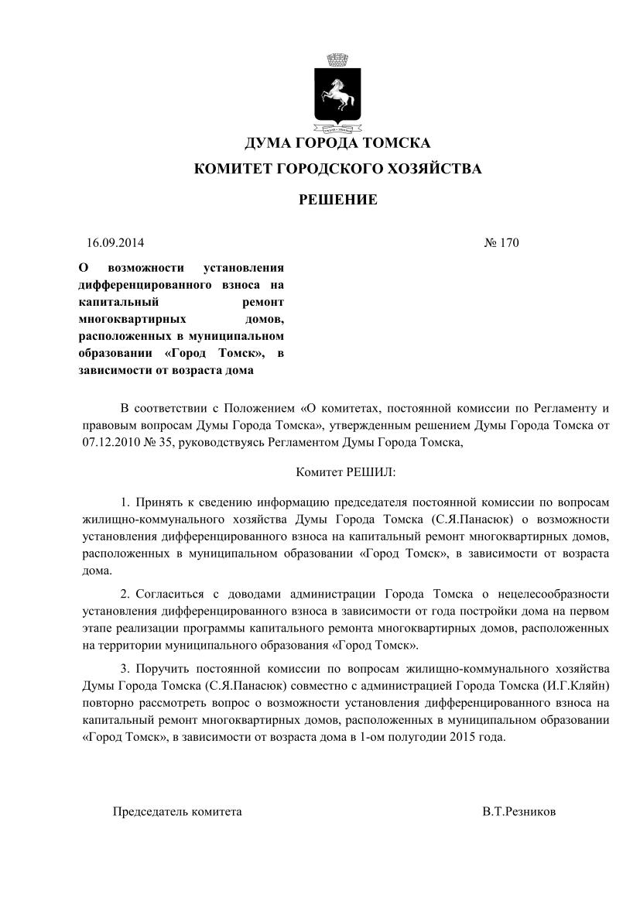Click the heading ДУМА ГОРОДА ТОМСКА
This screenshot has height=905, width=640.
pos(337,143)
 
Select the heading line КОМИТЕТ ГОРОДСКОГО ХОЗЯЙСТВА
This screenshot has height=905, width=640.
pos(337,169)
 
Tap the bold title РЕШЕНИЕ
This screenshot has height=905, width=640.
pos(338,200)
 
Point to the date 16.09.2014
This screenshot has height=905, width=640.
pos(115,242)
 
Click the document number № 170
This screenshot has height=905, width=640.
pos(501,242)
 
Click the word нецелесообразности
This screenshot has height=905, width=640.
pos(559,594)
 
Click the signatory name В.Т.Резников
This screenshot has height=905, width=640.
pos(519,812)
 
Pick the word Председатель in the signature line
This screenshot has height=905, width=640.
pos(149,812)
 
